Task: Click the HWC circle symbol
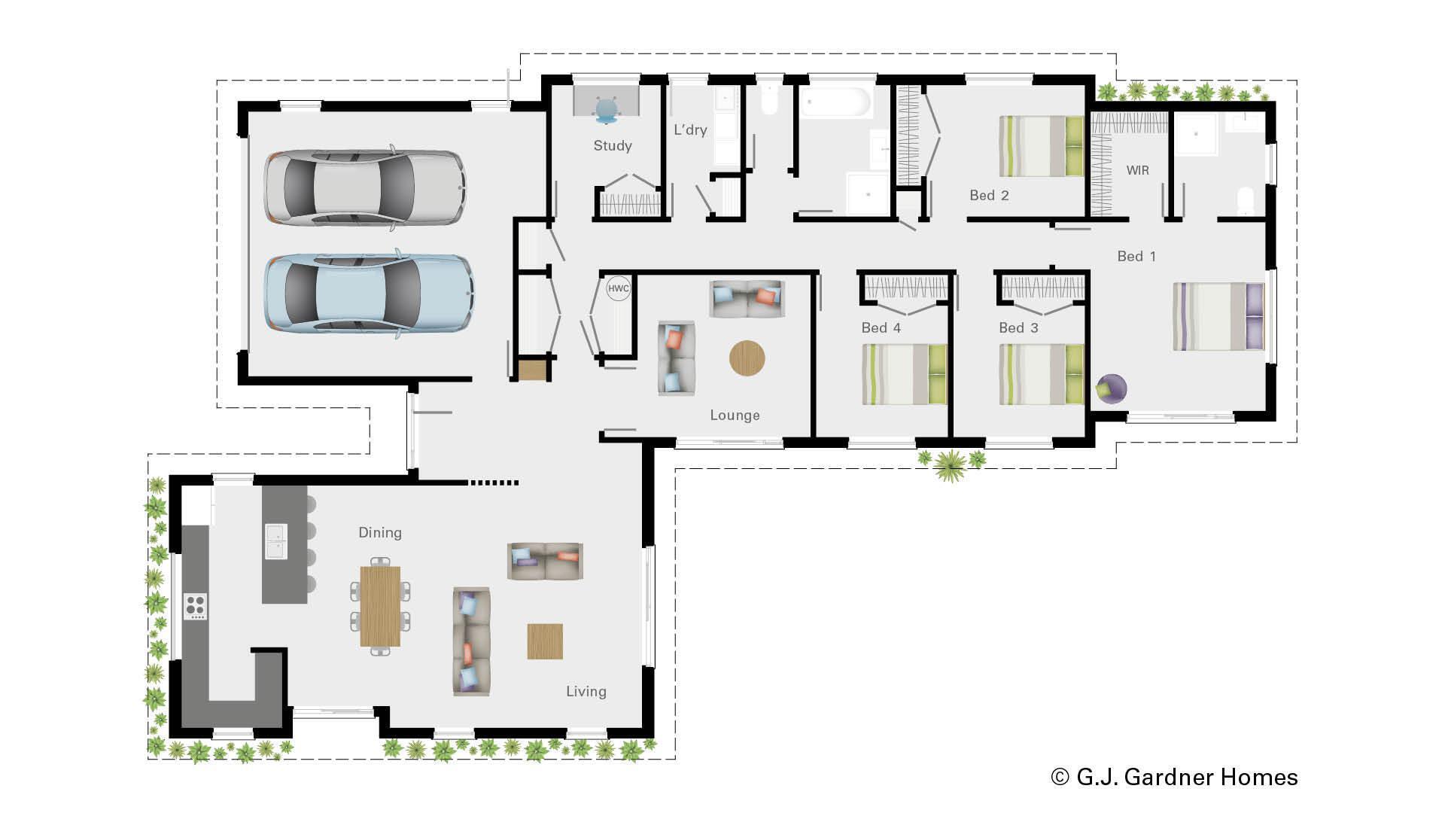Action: (619, 288)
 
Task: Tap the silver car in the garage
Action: (364, 186)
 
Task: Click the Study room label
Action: (613, 146)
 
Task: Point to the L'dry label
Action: (690, 130)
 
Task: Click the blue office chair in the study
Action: (607, 111)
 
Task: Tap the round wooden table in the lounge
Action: (747, 358)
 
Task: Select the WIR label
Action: (1137, 171)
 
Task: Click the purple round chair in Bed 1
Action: (1111, 388)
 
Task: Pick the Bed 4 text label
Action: (881, 328)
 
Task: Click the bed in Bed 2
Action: (1041, 146)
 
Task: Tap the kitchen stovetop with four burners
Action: (196, 606)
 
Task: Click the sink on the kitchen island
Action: (275, 541)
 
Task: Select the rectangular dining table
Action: (380, 606)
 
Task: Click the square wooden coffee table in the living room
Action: (545, 641)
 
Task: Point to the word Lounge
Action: (735, 416)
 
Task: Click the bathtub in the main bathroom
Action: (835, 103)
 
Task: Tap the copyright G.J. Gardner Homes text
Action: (1174, 777)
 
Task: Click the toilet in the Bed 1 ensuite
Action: (1246, 200)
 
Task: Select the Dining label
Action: (379, 533)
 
